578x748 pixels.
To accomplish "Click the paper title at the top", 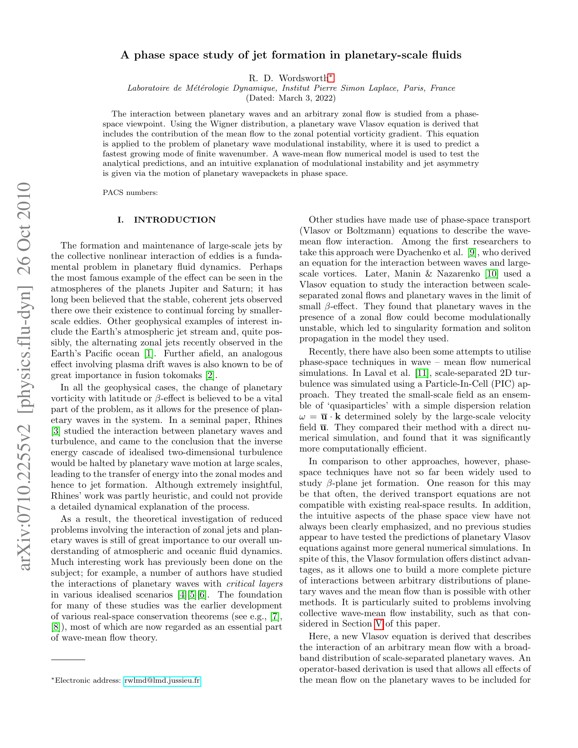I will coord(291,55).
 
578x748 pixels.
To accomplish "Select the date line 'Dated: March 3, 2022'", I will coord(291,97).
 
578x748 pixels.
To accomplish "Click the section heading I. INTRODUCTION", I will coord(166,220).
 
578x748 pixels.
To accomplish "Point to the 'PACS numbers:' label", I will coord(130,193).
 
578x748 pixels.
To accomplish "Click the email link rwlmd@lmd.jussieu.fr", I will coord(162,680).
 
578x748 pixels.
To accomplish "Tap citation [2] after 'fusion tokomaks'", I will coord(210,375).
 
